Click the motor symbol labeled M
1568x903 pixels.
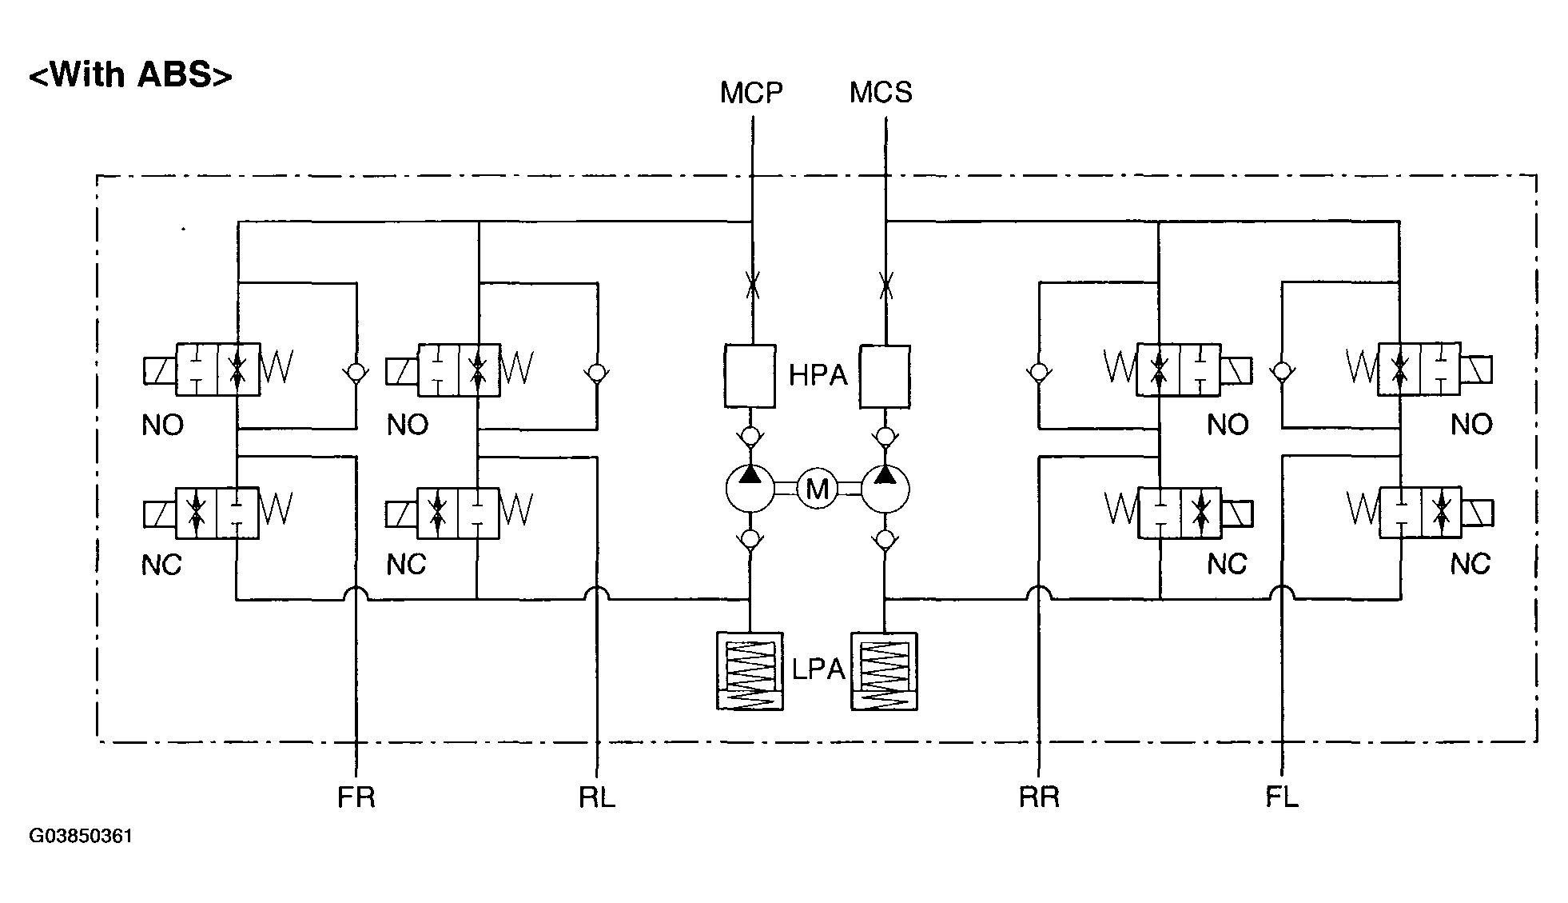click(x=817, y=489)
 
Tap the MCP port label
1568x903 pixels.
click(x=750, y=93)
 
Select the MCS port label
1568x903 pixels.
click(x=881, y=93)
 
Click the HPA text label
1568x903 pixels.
click(x=817, y=375)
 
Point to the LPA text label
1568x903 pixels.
click(x=818, y=669)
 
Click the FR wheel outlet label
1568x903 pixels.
click(x=356, y=797)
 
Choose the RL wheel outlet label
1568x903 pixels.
click(x=597, y=797)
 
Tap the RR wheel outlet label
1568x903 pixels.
click(x=1039, y=797)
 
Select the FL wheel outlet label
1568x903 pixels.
click(x=1282, y=797)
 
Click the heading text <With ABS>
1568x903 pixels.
click(x=130, y=74)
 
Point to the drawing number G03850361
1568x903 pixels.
click(x=81, y=837)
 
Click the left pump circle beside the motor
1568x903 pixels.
click(x=750, y=488)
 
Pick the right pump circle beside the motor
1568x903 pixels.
click(x=885, y=488)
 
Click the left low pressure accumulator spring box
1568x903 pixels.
click(x=750, y=671)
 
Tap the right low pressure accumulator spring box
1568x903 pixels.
click(x=884, y=671)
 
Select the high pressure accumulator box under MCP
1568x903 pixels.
click(x=750, y=376)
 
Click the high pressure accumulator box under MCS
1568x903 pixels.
click(x=884, y=376)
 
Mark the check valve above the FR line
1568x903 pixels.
click(x=356, y=373)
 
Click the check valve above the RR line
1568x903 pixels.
click(x=1038, y=373)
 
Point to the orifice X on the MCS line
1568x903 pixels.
click(x=885, y=284)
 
